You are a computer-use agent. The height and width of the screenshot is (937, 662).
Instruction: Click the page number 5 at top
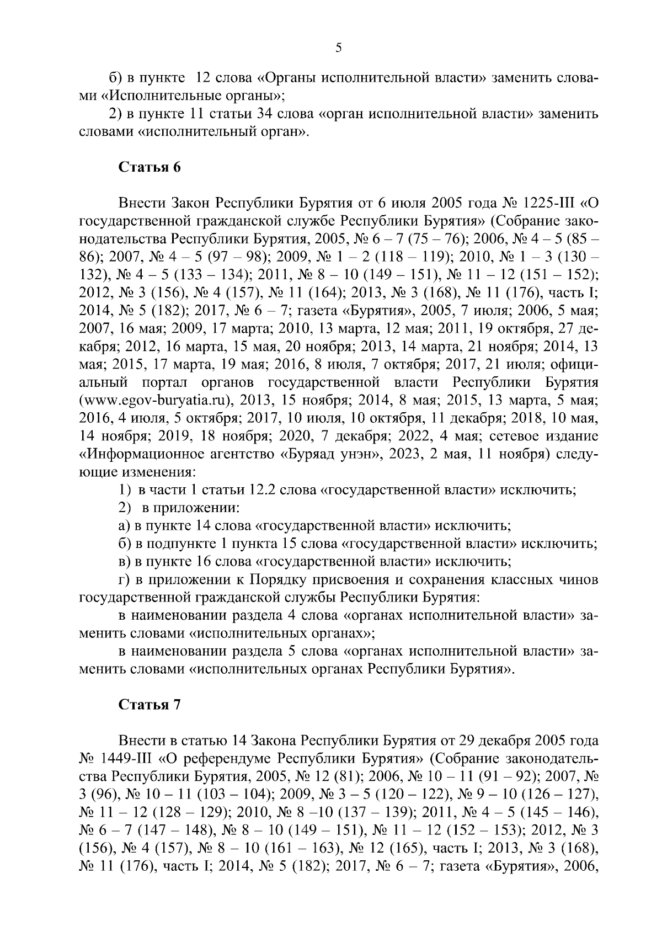338,48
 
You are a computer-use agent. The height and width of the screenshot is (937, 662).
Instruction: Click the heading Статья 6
150,168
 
